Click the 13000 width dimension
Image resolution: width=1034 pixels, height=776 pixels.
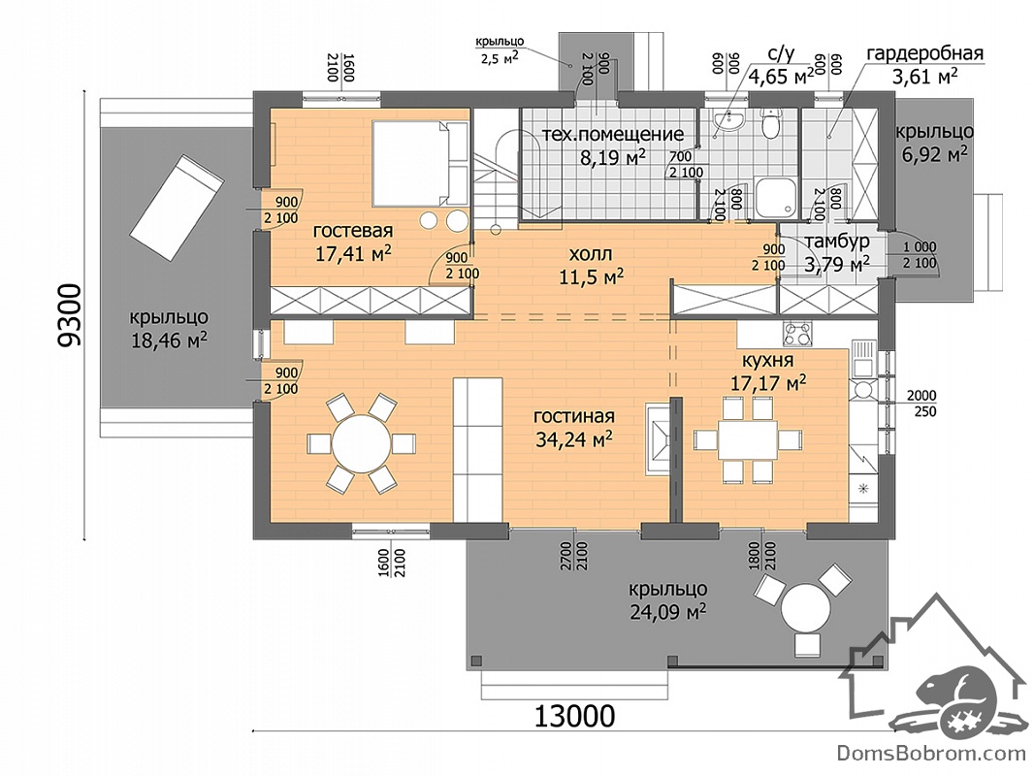(573, 715)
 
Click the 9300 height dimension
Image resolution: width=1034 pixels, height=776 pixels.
(69, 315)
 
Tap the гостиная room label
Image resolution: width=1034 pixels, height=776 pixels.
(573, 417)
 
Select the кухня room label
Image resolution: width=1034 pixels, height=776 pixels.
(767, 361)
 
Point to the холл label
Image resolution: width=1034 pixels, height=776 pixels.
(590, 254)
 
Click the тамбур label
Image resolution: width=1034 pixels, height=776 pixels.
(836, 242)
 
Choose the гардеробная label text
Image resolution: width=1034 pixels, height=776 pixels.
(924, 53)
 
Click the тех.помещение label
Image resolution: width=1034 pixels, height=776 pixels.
(613, 135)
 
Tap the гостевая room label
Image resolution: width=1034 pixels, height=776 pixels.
(353, 232)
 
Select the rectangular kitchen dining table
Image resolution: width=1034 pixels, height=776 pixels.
(748, 439)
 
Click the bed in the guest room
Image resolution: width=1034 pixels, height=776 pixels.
(411, 163)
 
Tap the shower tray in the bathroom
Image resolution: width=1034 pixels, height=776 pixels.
(776, 197)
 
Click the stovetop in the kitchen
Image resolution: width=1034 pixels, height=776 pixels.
(798, 334)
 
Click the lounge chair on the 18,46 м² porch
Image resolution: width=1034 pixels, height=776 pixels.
(175, 207)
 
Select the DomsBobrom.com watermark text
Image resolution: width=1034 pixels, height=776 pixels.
(932, 753)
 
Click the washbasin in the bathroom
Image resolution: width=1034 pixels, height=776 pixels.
(729, 120)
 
